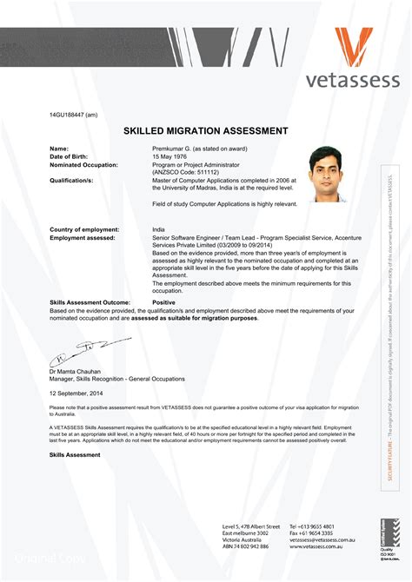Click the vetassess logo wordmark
pos(352,80)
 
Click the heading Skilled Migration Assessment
pos(206,131)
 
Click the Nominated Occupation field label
pos(84,164)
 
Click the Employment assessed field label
pos(83,236)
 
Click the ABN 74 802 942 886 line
pos(245,546)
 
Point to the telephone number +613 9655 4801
pos(311,526)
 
